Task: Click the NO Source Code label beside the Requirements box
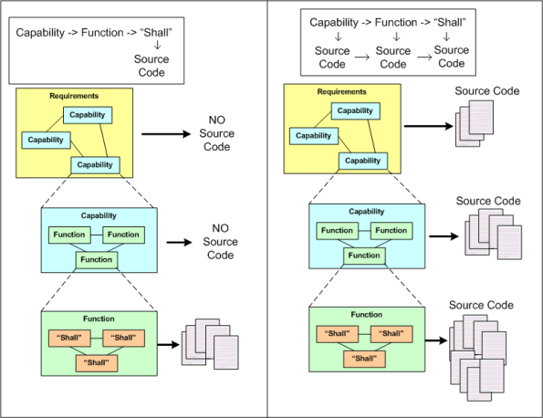[216, 133]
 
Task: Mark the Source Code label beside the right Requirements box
[487, 91]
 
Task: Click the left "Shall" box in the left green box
[70, 338]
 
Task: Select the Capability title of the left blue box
[99, 215]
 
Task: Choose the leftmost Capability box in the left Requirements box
[45, 141]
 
